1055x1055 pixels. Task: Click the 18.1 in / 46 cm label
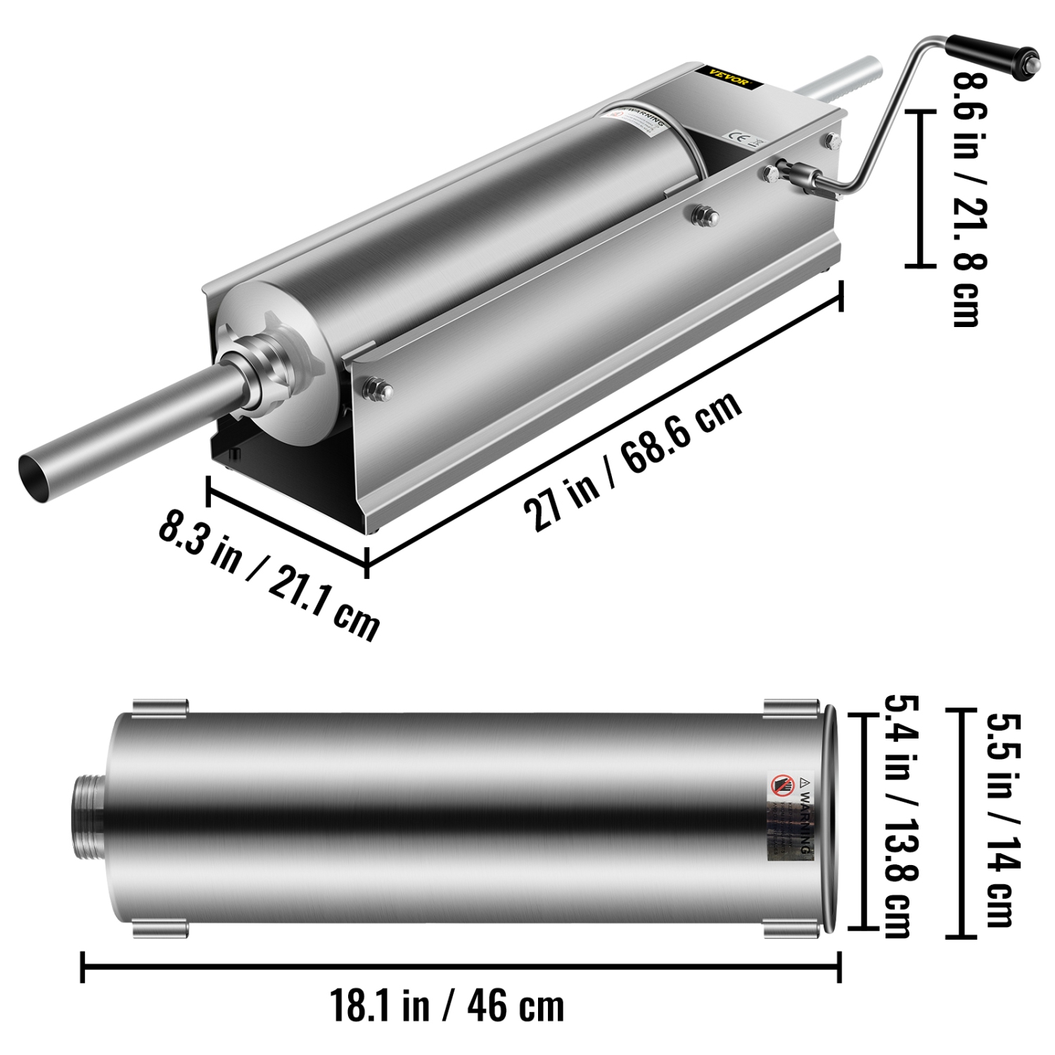tap(447, 1006)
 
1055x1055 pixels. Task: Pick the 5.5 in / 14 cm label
tap(1002, 819)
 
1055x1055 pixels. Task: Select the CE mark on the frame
tap(738, 135)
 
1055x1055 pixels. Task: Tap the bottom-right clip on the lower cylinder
tap(791, 929)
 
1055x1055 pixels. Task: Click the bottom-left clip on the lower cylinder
tap(160, 929)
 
